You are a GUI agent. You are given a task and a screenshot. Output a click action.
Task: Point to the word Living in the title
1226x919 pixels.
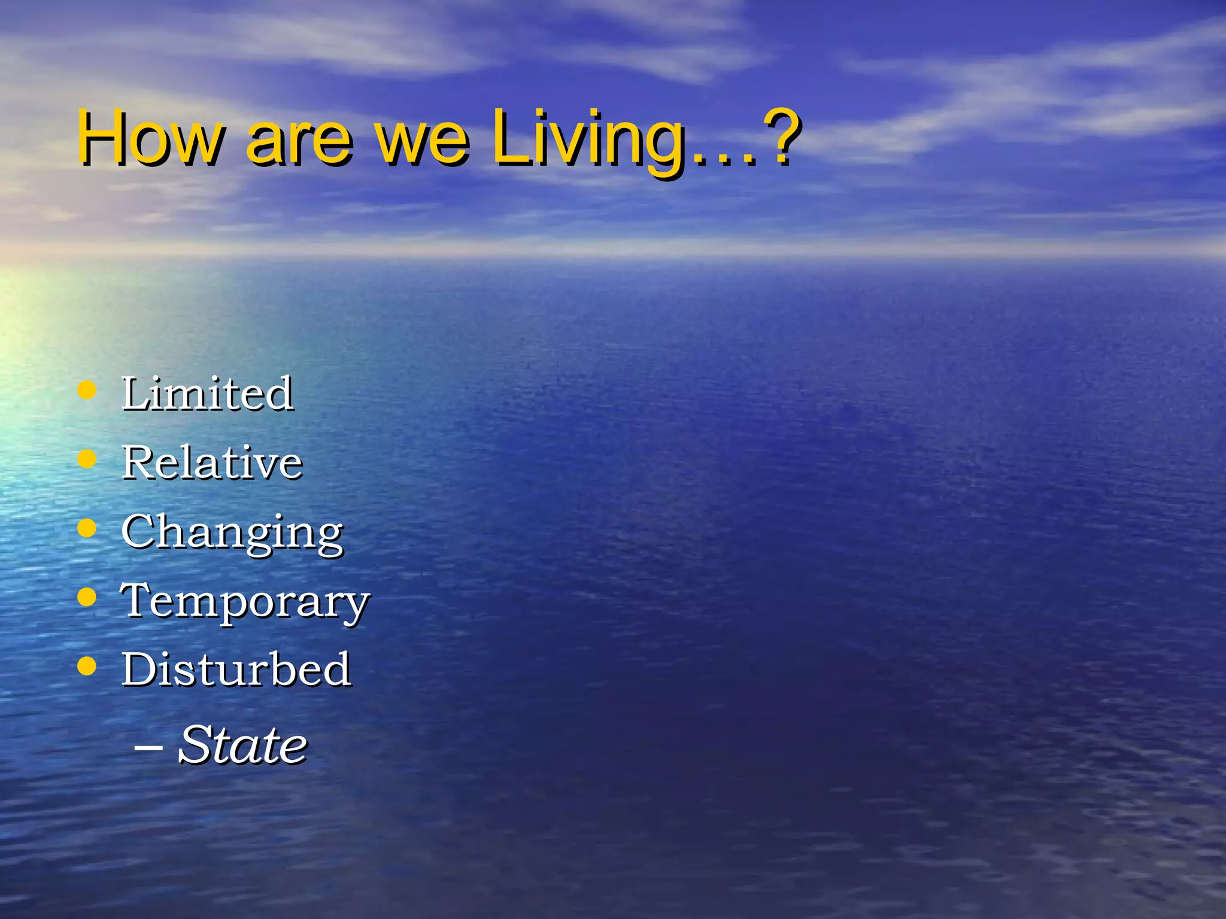point(589,139)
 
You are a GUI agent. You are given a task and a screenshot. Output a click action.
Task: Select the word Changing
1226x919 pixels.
point(232,532)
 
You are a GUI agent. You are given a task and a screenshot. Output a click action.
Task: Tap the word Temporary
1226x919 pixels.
point(245,601)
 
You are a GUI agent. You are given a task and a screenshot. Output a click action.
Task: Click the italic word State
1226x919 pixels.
point(242,745)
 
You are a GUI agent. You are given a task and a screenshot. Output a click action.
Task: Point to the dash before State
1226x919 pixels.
point(148,747)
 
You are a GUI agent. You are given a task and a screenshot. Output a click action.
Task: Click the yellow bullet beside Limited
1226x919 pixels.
point(87,391)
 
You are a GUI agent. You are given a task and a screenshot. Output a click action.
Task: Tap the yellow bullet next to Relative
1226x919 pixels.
point(87,459)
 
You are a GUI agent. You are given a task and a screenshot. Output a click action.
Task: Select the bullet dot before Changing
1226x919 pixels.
point(87,528)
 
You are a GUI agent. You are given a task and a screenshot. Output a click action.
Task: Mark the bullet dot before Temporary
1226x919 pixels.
point(87,597)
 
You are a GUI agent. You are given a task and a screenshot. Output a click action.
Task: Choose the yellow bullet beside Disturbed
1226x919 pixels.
point(87,666)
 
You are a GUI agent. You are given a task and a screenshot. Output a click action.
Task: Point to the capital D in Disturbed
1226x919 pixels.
point(141,669)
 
